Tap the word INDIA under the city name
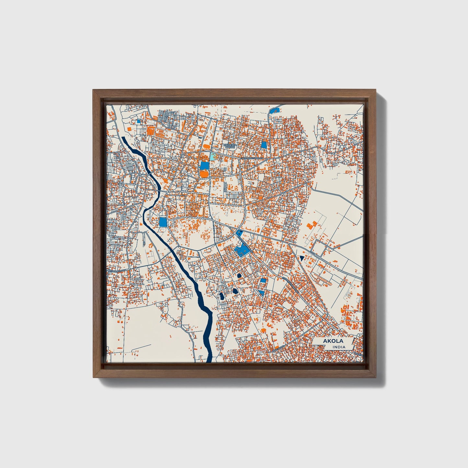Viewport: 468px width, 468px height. click(338, 347)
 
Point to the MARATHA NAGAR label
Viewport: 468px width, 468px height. click(230, 146)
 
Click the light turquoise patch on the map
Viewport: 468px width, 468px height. click(212, 157)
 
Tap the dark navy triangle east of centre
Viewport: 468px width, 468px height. click(302, 258)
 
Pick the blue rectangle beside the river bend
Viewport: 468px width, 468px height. click(163, 222)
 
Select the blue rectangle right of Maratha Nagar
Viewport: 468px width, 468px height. click(264, 145)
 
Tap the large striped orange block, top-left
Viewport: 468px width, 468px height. click(150, 131)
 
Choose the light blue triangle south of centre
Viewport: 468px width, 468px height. click(261, 292)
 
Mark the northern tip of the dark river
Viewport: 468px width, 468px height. click(123, 138)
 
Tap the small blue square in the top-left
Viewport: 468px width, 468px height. click(139, 121)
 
